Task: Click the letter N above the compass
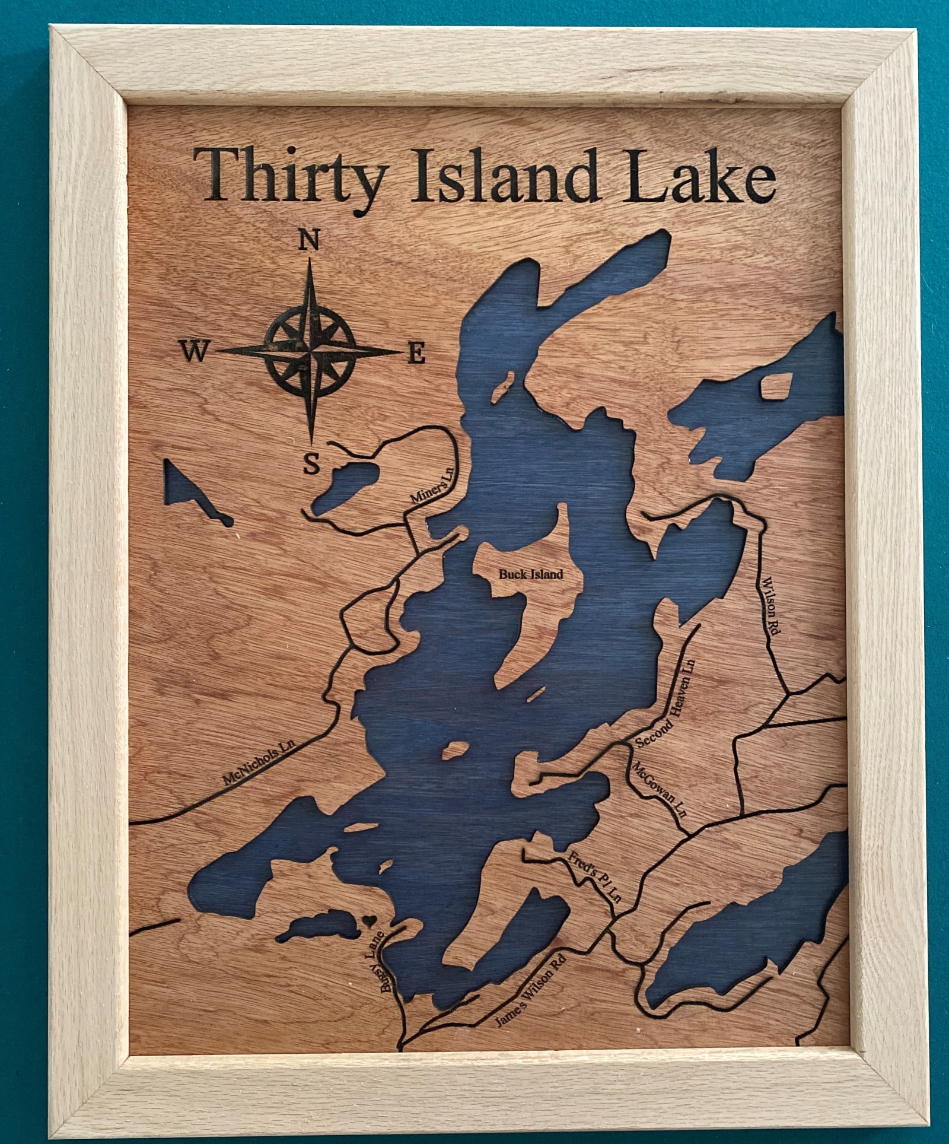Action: click(308, 241)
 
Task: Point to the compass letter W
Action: click(193, 352)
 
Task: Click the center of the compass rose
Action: click(309, 352)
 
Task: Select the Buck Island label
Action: click(530, 574)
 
